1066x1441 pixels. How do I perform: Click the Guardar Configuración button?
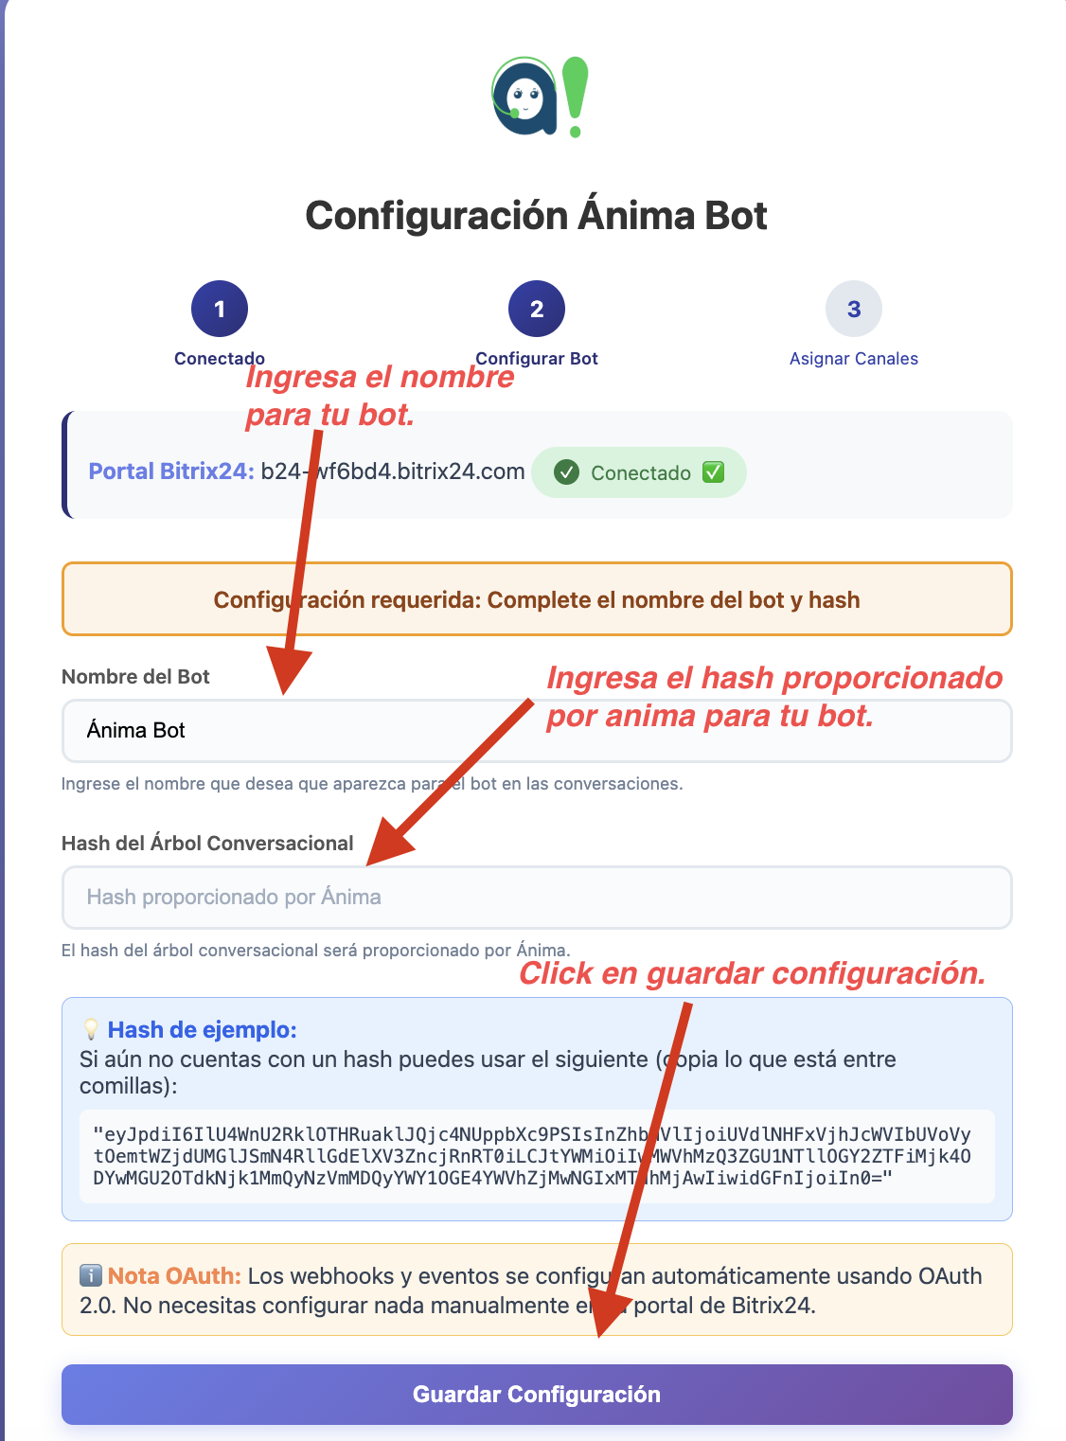click(x=537, y=1394)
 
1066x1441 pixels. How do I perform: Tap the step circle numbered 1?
click(x=220, y=309)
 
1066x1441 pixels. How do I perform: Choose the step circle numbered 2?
click(x=537, y=309)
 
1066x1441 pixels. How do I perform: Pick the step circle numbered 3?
click(x=854, y=309)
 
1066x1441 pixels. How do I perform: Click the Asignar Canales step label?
click(x=854, y=359)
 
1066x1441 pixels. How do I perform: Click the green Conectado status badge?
click(x=639, y=472)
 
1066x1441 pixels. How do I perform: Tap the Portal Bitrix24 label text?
click(x=171, y=471)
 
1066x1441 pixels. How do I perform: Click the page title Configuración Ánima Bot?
click(x=536, y=216)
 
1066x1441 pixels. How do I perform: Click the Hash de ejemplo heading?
click(x=202, y=1030)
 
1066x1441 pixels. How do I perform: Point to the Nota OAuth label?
click(x=174, y=1276)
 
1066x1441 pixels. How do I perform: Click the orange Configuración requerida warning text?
click(x=537, y=600)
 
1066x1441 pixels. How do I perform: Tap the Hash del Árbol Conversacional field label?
click(x=207, y=844)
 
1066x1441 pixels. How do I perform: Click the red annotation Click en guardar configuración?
click(x=753, y=973)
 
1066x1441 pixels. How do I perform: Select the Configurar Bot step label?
click(x=537, y=359)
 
